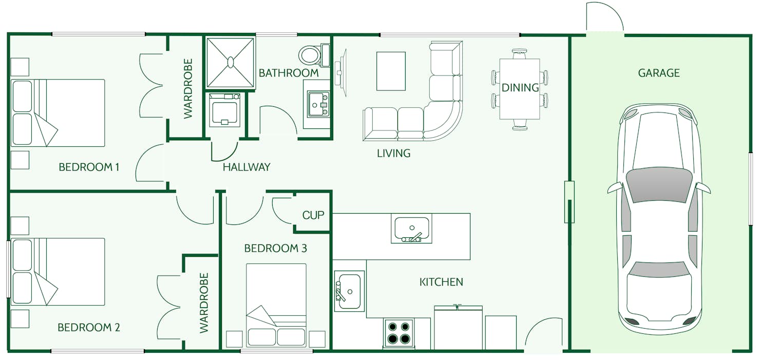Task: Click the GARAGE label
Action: [659, 73]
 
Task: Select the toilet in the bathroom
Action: [311, 54]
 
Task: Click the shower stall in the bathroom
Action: [231, 62]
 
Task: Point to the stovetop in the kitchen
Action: [399, 333]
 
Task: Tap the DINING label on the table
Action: [520, 88]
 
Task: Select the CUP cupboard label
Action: [313, 215]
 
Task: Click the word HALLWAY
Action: [246, 167]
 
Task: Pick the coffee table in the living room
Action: [391, 71]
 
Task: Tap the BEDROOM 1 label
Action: [89, 167]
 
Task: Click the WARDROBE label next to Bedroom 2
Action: [204, 303]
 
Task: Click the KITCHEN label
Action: [442, 282]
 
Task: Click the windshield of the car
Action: [659, 184]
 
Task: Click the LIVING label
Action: [394, 153]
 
